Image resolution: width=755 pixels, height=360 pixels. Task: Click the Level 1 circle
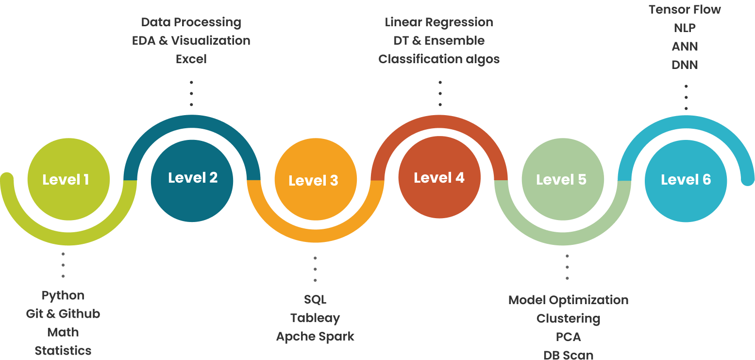68,179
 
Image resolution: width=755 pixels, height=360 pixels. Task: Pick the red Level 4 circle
439,178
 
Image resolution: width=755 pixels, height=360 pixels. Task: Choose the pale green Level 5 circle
562,179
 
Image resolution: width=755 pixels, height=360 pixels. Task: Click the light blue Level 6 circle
686,180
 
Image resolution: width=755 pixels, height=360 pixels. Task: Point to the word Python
63,295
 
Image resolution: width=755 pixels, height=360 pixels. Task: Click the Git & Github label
63,314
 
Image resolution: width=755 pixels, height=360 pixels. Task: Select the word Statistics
63,350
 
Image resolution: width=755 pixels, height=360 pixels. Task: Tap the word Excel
191,59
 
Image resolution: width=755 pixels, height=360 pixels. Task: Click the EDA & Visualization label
191,40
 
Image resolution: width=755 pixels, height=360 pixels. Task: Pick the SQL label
315,299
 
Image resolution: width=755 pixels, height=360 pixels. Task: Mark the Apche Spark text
315,336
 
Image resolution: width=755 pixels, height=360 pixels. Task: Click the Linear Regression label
439,22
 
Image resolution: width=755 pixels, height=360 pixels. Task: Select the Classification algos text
439,59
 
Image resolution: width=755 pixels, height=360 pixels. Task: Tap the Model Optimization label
568,300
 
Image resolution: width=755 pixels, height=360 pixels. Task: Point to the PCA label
568,337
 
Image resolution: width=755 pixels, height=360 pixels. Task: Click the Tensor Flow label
685,9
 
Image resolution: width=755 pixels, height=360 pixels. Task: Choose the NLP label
685,28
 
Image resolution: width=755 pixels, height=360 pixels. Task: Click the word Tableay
315,318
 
